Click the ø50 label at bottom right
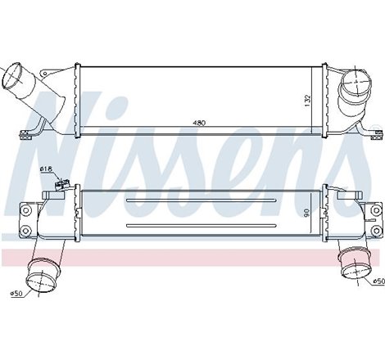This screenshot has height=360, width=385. coord(376,281)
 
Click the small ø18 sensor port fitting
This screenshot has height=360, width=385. coord(59,186)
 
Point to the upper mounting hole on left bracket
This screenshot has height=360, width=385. coord(25,210)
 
